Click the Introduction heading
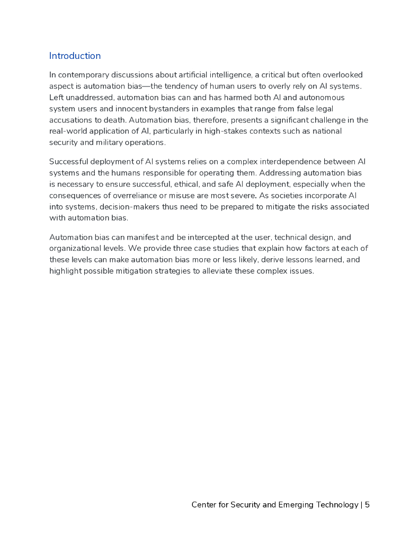(75, 56)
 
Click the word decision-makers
(124, 207)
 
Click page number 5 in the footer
(367, 505)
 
